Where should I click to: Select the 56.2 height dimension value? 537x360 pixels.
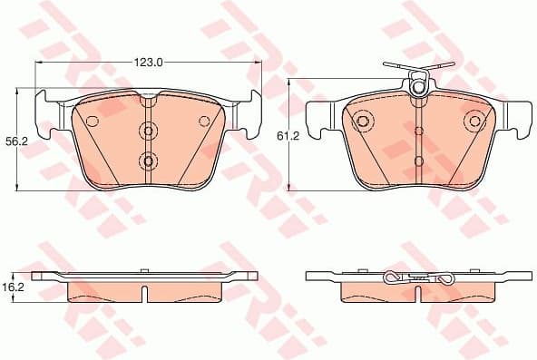point(15,141)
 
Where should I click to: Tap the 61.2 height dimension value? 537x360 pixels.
point(288,135)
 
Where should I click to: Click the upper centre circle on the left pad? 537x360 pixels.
point(148,131)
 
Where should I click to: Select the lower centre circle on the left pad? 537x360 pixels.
point(148,161)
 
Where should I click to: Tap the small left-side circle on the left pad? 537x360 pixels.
point(91,121)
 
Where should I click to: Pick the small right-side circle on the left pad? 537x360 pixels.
point(205,121)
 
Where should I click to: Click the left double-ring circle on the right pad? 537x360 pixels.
point(362,121)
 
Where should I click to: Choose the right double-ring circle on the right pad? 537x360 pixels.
point(474,121)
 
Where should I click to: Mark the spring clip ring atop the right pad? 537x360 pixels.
point(418,88)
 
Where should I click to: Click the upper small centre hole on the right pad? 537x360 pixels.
point(418,131)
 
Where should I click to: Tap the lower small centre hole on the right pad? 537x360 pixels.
point(418,161)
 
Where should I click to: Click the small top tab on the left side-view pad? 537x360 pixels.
point(145,269)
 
